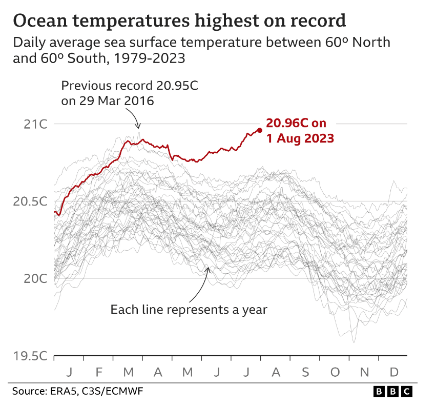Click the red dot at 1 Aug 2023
(x=259, y=130)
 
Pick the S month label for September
(x=305, y=372)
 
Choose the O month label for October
(x=335, y=372)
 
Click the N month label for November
(x=364, y=372)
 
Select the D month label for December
(x=393, y=372)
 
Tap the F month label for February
(x=99, y=372)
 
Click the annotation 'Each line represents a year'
(x=189, y=309)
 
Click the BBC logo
(x=392, y=392)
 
